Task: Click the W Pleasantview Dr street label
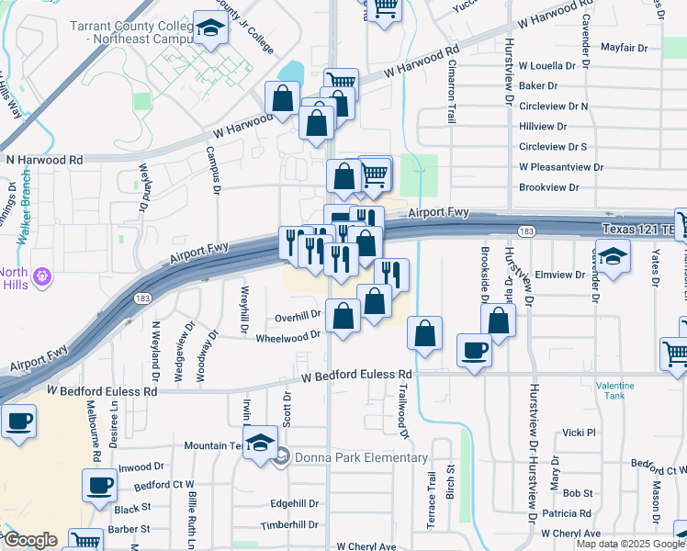pyautogui.click(x=561, y=167)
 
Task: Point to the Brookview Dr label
pyautogui.click(x=549, y=186)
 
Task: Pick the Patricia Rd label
pyautogui.click(x=566, y=513)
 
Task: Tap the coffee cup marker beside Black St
pyautogui.click(x=99, y=487)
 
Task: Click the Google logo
pyautogui.click(x=29, y=540)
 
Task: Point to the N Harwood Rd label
pyautogui.click(x=44, y=160)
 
